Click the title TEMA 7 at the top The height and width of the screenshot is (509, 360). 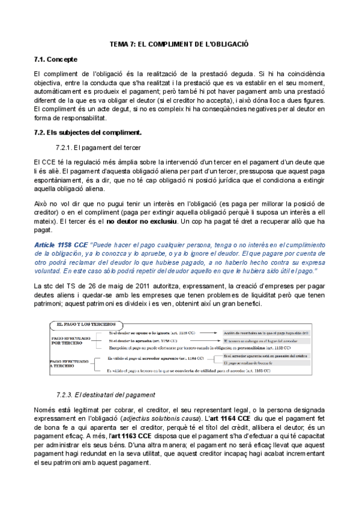180,44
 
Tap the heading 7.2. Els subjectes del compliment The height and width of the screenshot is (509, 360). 87,131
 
